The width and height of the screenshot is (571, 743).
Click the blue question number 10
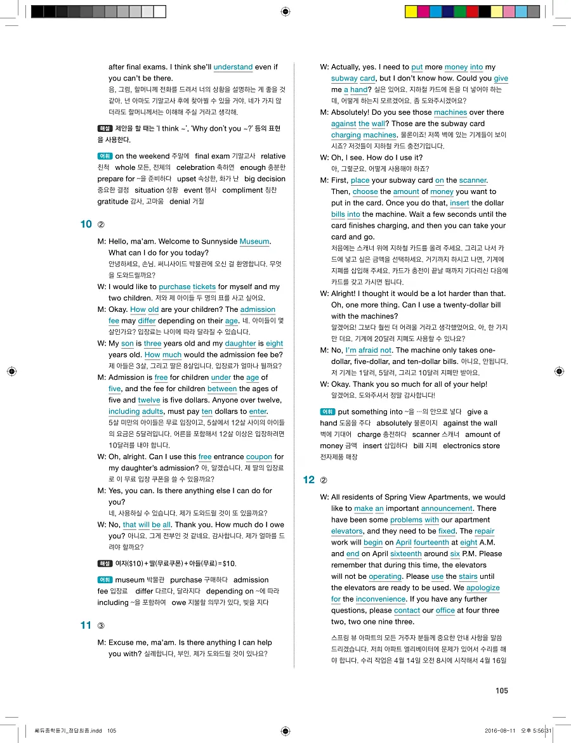pos(86,224)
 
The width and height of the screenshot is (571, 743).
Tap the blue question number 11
pos(86,626)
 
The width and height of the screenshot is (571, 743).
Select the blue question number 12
pos(309,480)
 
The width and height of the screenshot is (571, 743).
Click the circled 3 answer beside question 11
pos(101,626)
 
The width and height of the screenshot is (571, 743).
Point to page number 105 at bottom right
pos(502,690)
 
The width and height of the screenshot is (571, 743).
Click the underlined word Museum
pos(254,242)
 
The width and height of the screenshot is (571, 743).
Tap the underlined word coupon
pos(258,456)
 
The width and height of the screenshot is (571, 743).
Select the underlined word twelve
pos(149,400)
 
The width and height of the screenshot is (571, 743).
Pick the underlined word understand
pos(233,67)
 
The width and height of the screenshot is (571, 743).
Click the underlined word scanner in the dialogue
pos(473,181)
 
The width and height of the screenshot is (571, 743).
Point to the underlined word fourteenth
pos(431,543)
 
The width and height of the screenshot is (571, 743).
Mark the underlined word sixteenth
pos(406,554)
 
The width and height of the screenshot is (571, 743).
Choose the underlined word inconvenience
pos(381,599)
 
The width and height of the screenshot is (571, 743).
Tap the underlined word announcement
pos(447,508)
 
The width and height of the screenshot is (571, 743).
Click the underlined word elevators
pos(347,531)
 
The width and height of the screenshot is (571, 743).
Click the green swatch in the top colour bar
pos(473,11)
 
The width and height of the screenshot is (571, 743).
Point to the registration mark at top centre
pos(285,11)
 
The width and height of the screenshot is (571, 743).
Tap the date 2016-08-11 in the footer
pos(501,730)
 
